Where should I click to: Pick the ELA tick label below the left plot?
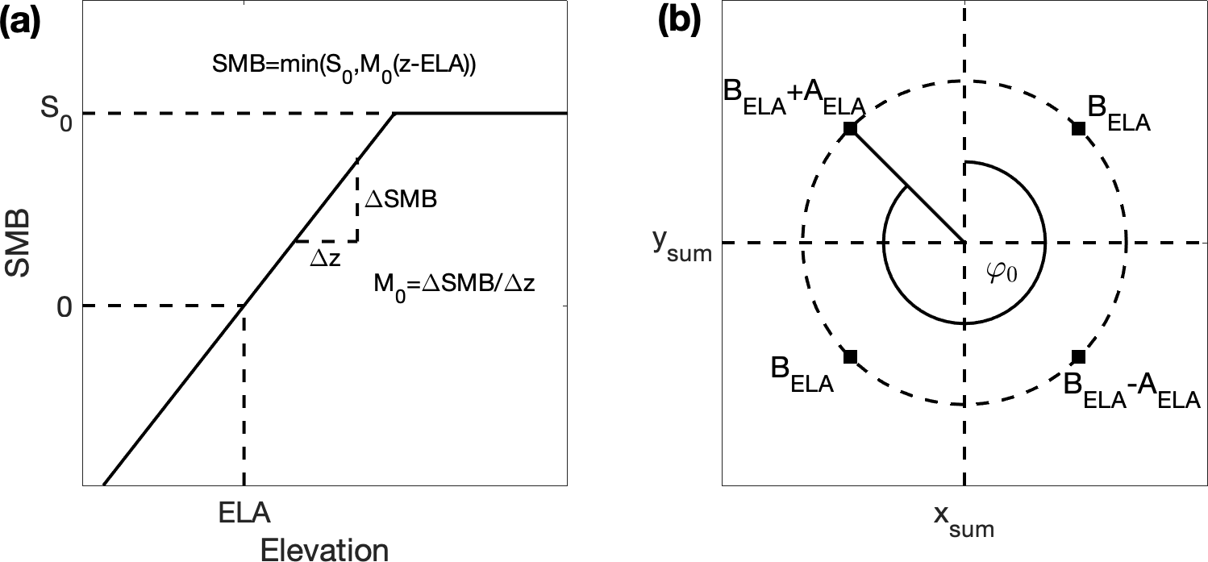click(244, 514)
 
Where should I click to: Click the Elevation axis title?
click(325, 549)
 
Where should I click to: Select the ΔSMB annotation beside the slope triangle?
click(400, 201)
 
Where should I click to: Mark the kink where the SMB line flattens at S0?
click(395, 114)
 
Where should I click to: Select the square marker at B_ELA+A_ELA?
click(849, 129)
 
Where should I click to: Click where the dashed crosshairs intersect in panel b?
click(964, 243)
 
